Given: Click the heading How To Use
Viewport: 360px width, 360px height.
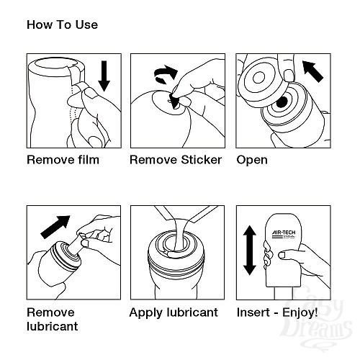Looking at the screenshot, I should (x=62, y=24).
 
